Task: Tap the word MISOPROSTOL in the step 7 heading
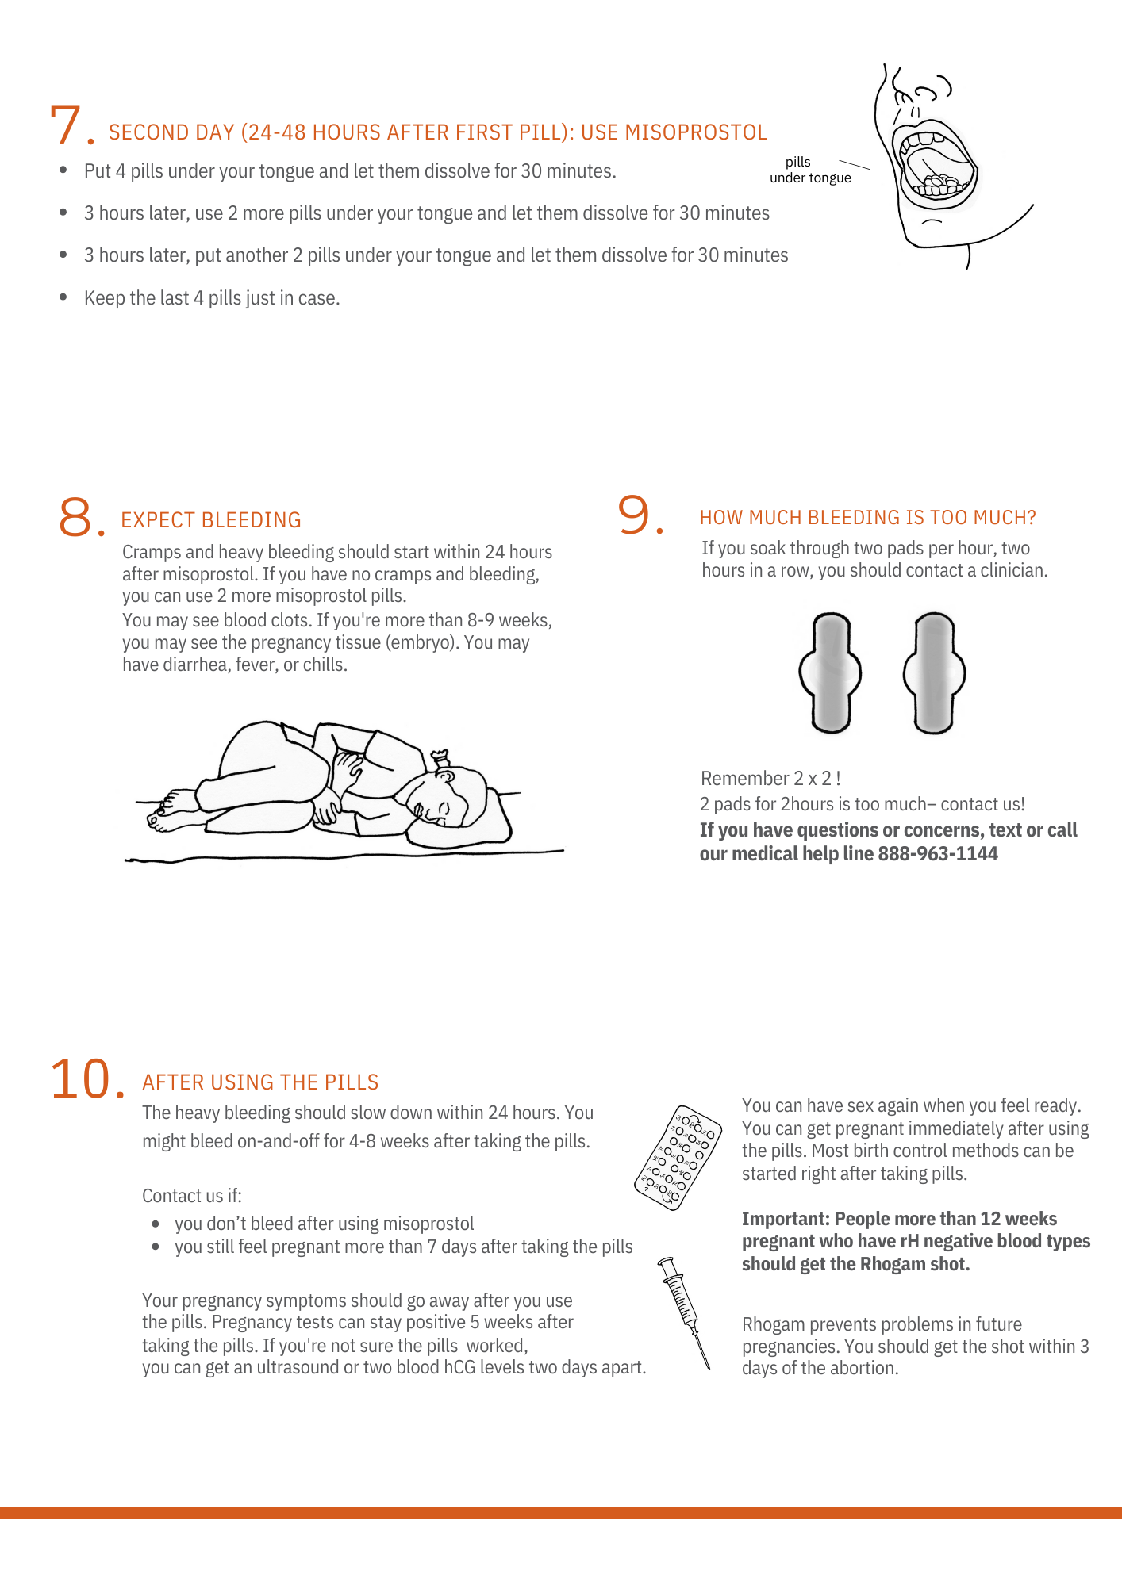click(695, 132)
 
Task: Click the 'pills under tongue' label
click(809, 170)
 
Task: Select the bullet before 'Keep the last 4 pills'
click(63, 297)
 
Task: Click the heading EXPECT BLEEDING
click(211, 520)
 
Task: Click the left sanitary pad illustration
click(830, 672)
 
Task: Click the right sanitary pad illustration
click(934, 672)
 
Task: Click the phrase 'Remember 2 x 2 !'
click(770, 779)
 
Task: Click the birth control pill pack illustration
click(678, 1158)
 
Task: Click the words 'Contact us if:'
click(192, 1196)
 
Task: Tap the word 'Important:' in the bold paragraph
click(786, 1219)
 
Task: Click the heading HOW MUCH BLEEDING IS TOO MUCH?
click(867, 518)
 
